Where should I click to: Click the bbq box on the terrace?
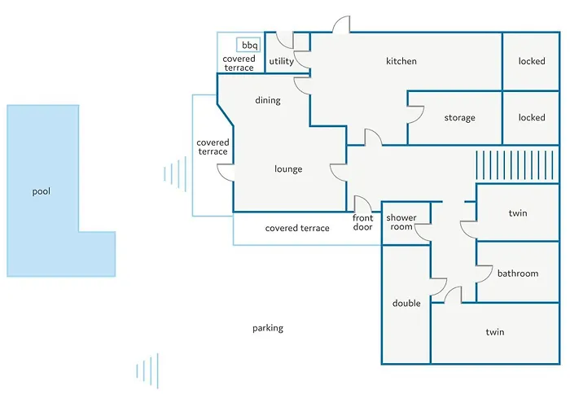pos(248,45)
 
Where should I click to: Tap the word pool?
pos(41,191)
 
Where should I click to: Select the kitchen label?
pos(401,61)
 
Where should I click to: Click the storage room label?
pos(459,118)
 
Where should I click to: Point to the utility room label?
pos(282,61)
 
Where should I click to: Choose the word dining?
pos(268,100)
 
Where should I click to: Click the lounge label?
pos(288,169)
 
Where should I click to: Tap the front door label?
pos(363,222)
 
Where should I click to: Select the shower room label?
pos(401,222)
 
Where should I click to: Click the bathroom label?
pos(518,274)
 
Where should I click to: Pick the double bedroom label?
pos(406,303)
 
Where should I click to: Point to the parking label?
pos(268,328)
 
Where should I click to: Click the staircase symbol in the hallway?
pos(515,165)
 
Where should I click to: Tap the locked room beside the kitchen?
pos(532,61)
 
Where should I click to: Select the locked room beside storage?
pos(532,118)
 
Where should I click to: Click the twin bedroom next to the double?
pos(495,332)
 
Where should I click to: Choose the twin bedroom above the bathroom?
pos(518,213)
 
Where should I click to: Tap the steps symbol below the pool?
pos(147,371)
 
